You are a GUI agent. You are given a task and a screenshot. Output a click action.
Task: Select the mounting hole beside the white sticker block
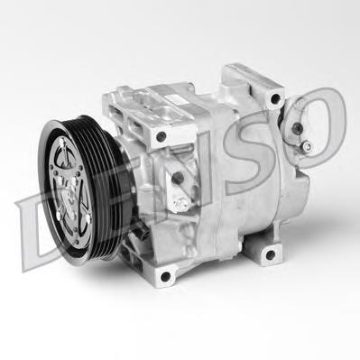coord(162,137)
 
